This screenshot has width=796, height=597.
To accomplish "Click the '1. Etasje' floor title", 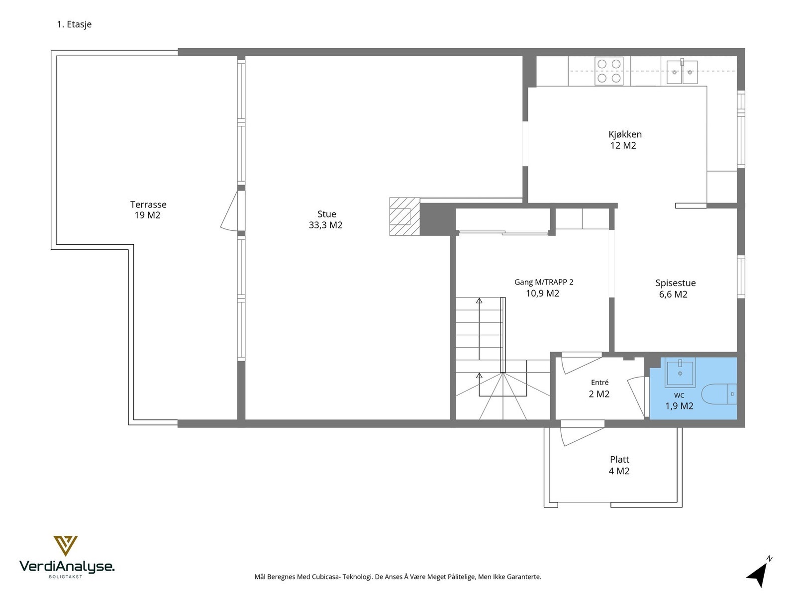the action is click(74, 24).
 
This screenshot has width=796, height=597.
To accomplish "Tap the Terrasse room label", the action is click(148, 204).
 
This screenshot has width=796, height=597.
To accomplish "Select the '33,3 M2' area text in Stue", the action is click(325, 225).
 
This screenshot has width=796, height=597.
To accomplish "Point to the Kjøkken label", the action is click(625, 134).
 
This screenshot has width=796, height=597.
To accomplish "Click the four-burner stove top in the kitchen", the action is click(609, 71).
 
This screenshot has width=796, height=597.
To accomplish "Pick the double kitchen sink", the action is click(682, 72).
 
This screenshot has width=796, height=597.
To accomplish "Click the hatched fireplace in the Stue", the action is click(404, 216).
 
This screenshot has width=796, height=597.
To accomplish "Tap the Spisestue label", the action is click(675, 283).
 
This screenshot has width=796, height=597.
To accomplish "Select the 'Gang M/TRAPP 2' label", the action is click(544, 282).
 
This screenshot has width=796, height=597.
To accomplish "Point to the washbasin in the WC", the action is click(680, 372).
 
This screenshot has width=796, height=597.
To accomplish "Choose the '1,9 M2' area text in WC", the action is click(679, 406).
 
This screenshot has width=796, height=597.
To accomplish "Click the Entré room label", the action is click(599, 383).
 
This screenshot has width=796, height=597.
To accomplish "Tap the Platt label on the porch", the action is click(619, 460).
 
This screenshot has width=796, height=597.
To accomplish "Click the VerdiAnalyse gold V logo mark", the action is click(66, 546).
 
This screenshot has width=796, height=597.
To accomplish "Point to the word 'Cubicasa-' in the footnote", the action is click(327, 577).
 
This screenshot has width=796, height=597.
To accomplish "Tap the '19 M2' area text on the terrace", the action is click(147, 215).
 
